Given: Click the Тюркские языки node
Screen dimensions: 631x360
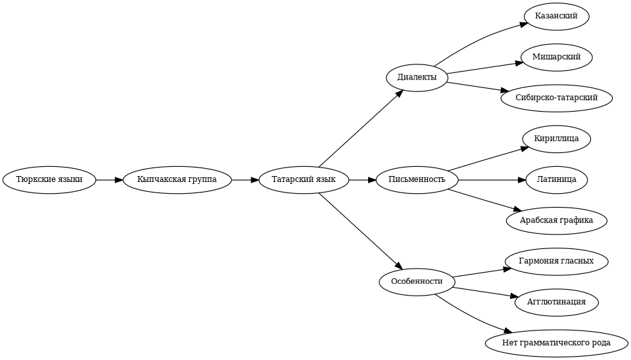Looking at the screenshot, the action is (49, 180).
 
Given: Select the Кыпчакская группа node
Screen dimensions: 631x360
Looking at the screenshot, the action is (177, 180).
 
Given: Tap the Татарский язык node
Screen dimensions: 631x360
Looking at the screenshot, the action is (304, 180).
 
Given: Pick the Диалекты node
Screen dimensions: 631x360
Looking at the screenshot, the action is (417, 78).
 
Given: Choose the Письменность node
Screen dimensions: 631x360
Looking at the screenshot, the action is (417, 180).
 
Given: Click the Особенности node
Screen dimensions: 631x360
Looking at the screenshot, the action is (417, 282).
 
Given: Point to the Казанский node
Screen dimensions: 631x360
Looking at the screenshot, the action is (557, 16).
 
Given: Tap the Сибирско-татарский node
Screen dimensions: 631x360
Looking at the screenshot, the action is (557, 98).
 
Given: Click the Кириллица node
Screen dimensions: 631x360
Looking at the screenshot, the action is (557, 139).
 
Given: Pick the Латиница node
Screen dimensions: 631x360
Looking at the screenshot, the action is (557, 180).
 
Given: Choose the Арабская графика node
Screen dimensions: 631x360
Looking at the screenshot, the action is (557, 221).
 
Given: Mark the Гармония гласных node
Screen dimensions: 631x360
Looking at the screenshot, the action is (557, 261).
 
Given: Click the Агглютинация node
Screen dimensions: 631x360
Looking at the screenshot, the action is (557, 302).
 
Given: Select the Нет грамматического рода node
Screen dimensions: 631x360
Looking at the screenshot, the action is (557, 343).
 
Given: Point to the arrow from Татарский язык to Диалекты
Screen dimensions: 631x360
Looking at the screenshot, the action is (361, 128).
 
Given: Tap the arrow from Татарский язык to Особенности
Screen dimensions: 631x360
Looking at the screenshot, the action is (361, 231).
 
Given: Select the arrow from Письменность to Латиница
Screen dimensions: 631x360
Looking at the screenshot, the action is (492, 180).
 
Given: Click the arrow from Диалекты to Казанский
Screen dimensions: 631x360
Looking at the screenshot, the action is (479, 40).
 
